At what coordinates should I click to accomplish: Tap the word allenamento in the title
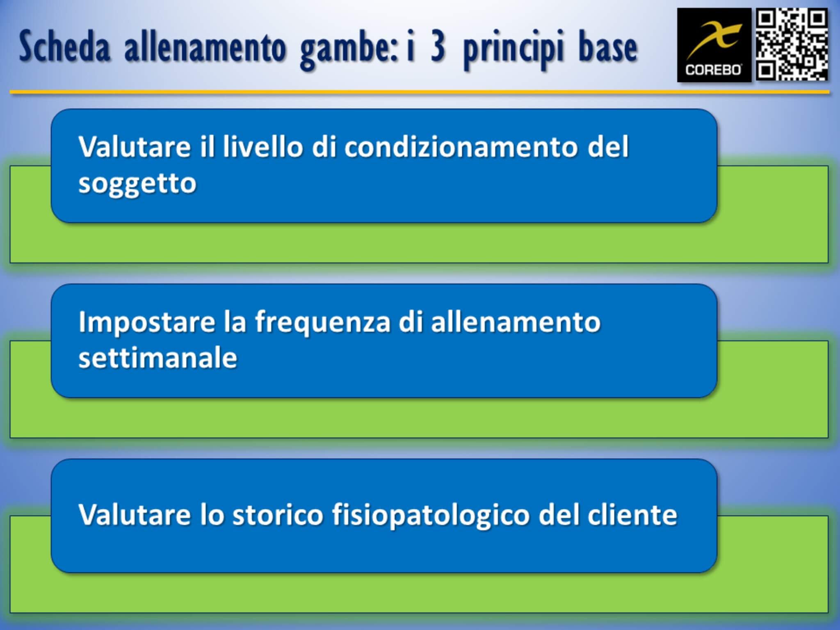[205, 48]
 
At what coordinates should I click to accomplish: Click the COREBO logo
[714, 45]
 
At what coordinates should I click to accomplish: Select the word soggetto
[137, 183]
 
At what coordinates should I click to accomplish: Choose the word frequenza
[322, 322]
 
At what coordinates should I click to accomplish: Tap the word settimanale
[157, 358]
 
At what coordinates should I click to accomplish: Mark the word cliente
[632, 514]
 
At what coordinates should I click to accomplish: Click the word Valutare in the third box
[134, 514]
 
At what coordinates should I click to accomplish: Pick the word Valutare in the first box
[134, 146]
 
